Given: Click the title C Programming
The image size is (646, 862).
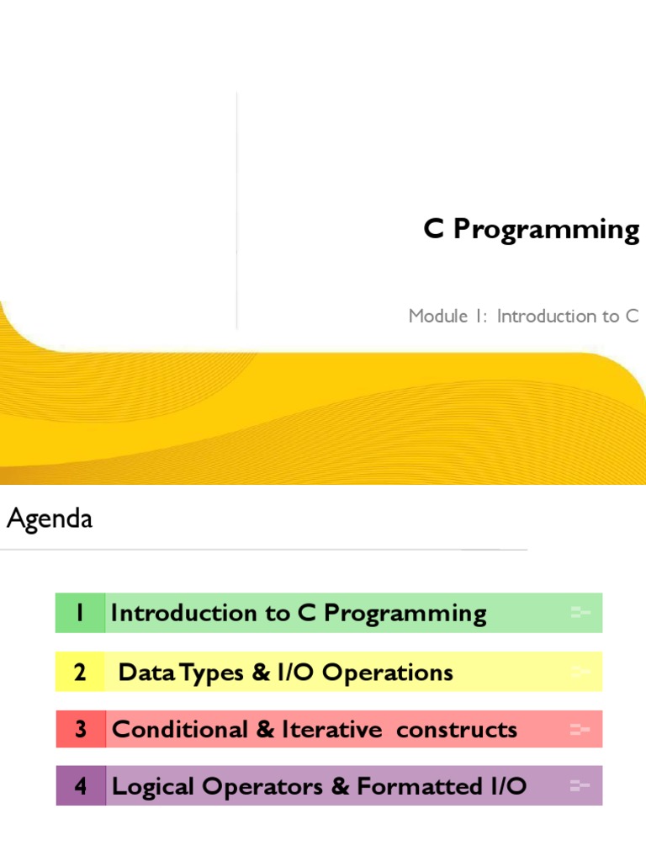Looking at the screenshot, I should [531, 230].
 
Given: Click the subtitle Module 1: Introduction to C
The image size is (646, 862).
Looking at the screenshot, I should [523, 317].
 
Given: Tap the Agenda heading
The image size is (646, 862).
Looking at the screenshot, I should [50, 519].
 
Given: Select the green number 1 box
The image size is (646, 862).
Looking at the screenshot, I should [80, 613].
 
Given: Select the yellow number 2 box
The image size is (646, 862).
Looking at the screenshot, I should [80, 672].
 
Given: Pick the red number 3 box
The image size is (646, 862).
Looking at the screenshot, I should [80, 729].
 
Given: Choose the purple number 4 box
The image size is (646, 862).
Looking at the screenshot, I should [80, 786].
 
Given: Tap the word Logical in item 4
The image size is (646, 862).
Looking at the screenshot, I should [146, 786].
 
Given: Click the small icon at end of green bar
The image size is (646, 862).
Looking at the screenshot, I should [580, 613].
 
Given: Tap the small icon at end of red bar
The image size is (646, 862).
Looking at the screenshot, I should [580, 729].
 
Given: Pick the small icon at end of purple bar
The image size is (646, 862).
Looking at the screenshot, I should [580, 786].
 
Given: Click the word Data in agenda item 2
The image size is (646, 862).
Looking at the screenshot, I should [140, 672].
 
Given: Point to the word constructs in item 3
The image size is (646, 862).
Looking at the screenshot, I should [457, 729].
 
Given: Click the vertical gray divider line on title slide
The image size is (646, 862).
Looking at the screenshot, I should [236, 210].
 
